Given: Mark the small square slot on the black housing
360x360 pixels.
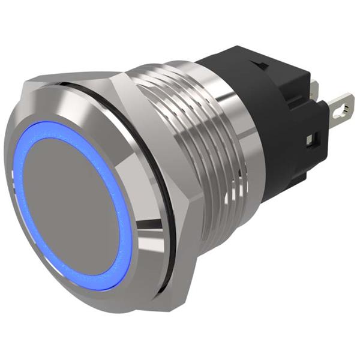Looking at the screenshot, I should click(x=310, y=140).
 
